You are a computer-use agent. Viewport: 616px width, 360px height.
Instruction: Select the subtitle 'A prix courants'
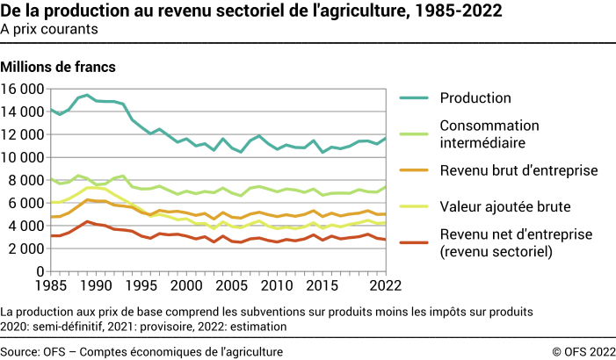coord(49,28)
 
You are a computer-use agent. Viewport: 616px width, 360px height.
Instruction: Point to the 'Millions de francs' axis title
coord(59,66)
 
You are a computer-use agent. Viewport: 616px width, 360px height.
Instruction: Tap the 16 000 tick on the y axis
coord(24,89)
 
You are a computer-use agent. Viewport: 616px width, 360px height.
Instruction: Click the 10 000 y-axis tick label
coord(24,157)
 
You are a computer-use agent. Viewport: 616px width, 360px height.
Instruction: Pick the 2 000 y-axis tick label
coord(27,248)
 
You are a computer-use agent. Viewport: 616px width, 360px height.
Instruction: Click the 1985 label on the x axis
coord(50,286)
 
